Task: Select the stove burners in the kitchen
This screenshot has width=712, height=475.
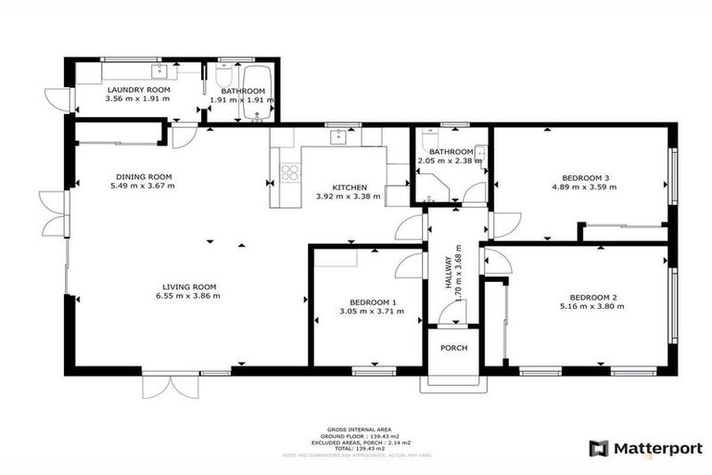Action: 289,172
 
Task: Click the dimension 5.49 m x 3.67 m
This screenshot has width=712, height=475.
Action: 142,186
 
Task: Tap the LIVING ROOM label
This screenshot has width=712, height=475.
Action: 189,287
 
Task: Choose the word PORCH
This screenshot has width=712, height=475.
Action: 453,348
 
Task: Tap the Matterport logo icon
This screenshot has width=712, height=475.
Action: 600,448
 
